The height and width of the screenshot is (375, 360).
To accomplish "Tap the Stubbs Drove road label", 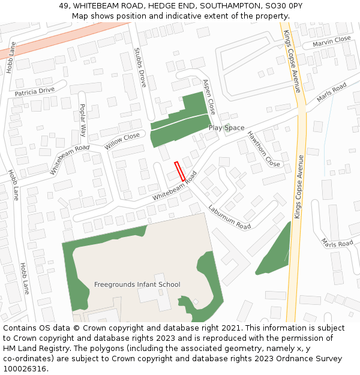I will (140, 68).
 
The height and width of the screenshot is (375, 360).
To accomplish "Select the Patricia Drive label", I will (34, 91).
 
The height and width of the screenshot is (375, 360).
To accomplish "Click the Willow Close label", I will (122, 141).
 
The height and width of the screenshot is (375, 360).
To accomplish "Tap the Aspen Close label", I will (209, 97).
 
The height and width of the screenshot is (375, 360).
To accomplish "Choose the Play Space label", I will (226, 128).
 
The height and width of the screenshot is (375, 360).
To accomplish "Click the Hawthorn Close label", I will (264, 149).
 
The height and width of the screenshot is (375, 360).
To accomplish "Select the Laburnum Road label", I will (229, 217).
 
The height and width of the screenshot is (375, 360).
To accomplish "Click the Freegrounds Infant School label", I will (137, 284).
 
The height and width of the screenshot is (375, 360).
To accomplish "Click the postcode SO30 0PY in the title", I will (283, 5).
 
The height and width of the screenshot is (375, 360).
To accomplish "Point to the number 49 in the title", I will (64, 5).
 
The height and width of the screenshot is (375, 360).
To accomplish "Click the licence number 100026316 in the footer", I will (25, 368).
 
